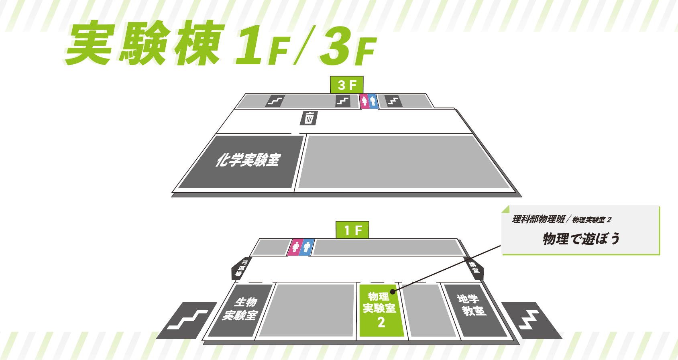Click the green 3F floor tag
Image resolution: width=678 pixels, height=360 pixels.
pyautogui.click(x=346, y=85)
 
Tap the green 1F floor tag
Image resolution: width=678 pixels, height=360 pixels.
pyautogui.click(x=352, y=230)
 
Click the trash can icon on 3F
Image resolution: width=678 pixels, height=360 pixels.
pyautogui.click(x=309, y=118)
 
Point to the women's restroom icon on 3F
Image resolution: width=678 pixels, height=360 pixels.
pyautogui.click(x=364, y=101)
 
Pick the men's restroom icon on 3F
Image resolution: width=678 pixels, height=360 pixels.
pyautogui.click(x=373, y=101)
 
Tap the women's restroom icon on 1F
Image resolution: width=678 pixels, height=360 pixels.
pyautogui.click(x=296, y=247)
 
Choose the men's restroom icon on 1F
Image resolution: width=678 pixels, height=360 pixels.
pyautogui.click(x=307, y=247)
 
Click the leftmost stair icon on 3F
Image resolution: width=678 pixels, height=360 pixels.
pyautogui.click(x=275, y=101)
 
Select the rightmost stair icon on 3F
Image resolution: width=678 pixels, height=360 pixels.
pyautogui.click(x=393, y=101)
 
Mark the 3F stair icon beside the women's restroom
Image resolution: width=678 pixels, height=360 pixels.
pyautogui.click(x=343, y=101)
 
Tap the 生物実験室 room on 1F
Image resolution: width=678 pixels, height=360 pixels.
pyautogui.click(x=240, y=309)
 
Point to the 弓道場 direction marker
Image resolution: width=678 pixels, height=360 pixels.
pyautogui.click(x=241, y=268)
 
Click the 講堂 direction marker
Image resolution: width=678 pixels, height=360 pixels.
pyautogui.click(x=474, y=268)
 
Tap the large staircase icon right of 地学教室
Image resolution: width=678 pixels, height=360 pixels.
pyautogui.click(x=531, y=320)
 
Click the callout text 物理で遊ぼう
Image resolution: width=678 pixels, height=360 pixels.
pyautogui.click(x=581, y=239)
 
